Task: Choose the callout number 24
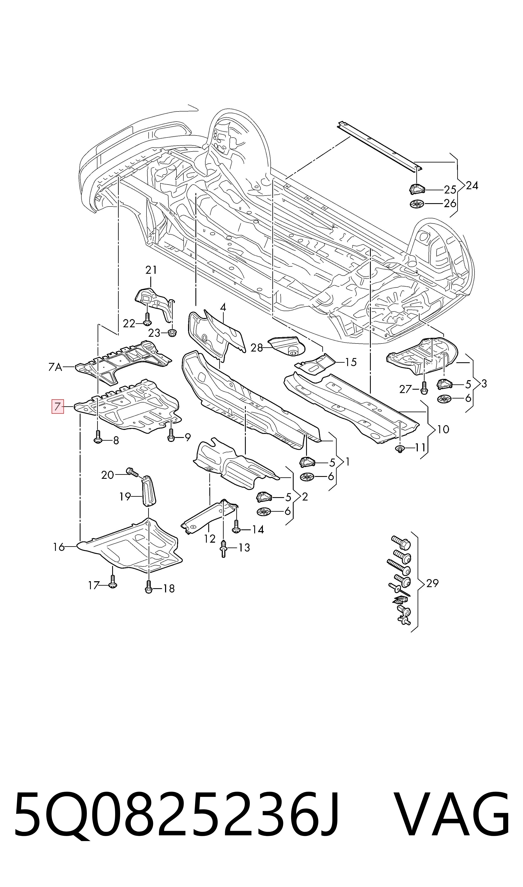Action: (x=472, y=185)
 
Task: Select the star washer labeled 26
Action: (x=418, y=204)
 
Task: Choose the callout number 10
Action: (x=443, y=429)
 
